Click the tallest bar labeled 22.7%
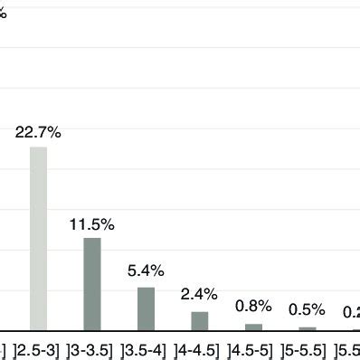[x=38, y=239]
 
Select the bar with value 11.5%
[x=92, y=284]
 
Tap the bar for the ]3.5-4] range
[x=146, y=308]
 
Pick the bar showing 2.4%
[x=200, y=321]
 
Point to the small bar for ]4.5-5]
[x=254, y=327]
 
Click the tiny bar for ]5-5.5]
[x=308, y=328]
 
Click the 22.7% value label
[x=38, y=133]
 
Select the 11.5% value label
[x=92, y=223]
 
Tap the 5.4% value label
[x=146, y=270]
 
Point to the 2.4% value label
[x=200, y=293]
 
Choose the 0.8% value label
[x=253, y=306]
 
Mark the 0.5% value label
[x=308, y=309]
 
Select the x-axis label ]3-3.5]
[x=92, y=349]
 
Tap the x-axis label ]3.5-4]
[x=146, y=349]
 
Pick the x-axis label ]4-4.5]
[x=200, y=349]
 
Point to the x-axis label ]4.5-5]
[x=254, y=349]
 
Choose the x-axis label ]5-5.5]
[x=308, y=349]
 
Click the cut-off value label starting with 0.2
[x=351, y=312]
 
